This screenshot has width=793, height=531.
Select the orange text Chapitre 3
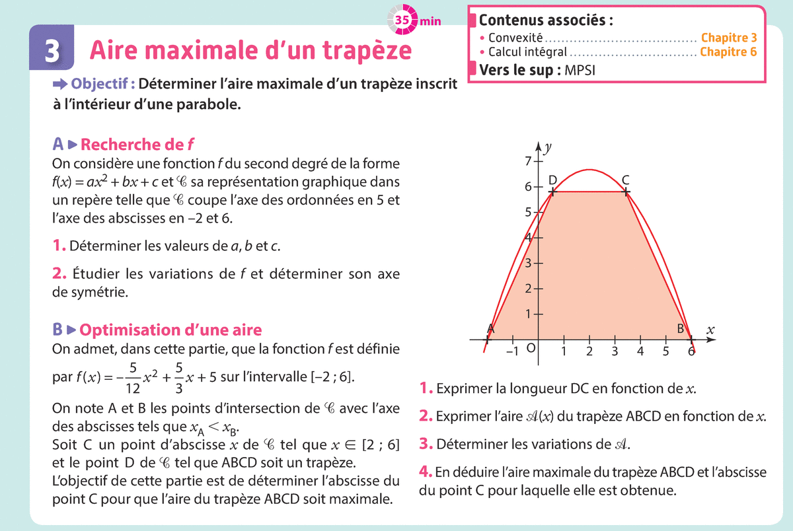pos(729,38)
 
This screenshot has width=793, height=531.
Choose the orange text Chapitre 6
pos(728,52)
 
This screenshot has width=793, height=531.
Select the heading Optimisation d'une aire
pos(174,330)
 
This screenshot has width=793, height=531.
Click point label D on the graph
pos(552,180)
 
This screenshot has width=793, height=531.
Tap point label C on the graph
pos(625,180)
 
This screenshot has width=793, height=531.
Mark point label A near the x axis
pos(491,328)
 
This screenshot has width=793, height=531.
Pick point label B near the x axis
pos(680,328)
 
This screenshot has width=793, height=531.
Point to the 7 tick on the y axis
pos(528,160)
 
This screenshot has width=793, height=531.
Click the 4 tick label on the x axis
pos(640,351)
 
